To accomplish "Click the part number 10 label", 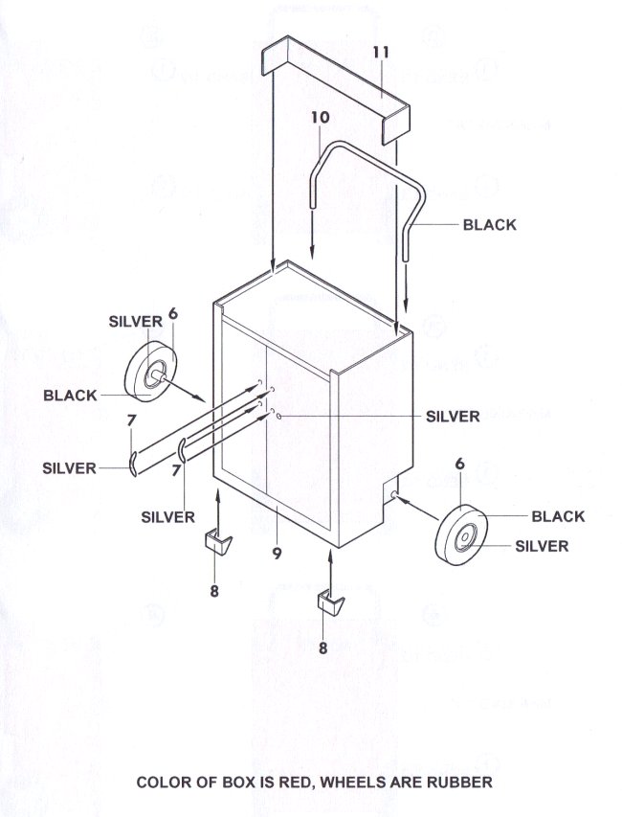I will click(320, 116).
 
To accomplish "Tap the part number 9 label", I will click(276, 552).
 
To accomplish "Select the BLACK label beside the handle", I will click(489, 225).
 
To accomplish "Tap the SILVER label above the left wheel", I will click(135, 323).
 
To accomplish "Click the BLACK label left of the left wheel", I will click(70, 395).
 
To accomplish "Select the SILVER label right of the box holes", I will click(452, 417).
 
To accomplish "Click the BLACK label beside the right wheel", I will click(557, 516).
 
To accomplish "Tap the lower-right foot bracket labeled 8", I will click(331, 603).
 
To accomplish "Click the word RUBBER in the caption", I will click(458, 783).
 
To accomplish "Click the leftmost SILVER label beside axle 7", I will click(69, 468).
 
